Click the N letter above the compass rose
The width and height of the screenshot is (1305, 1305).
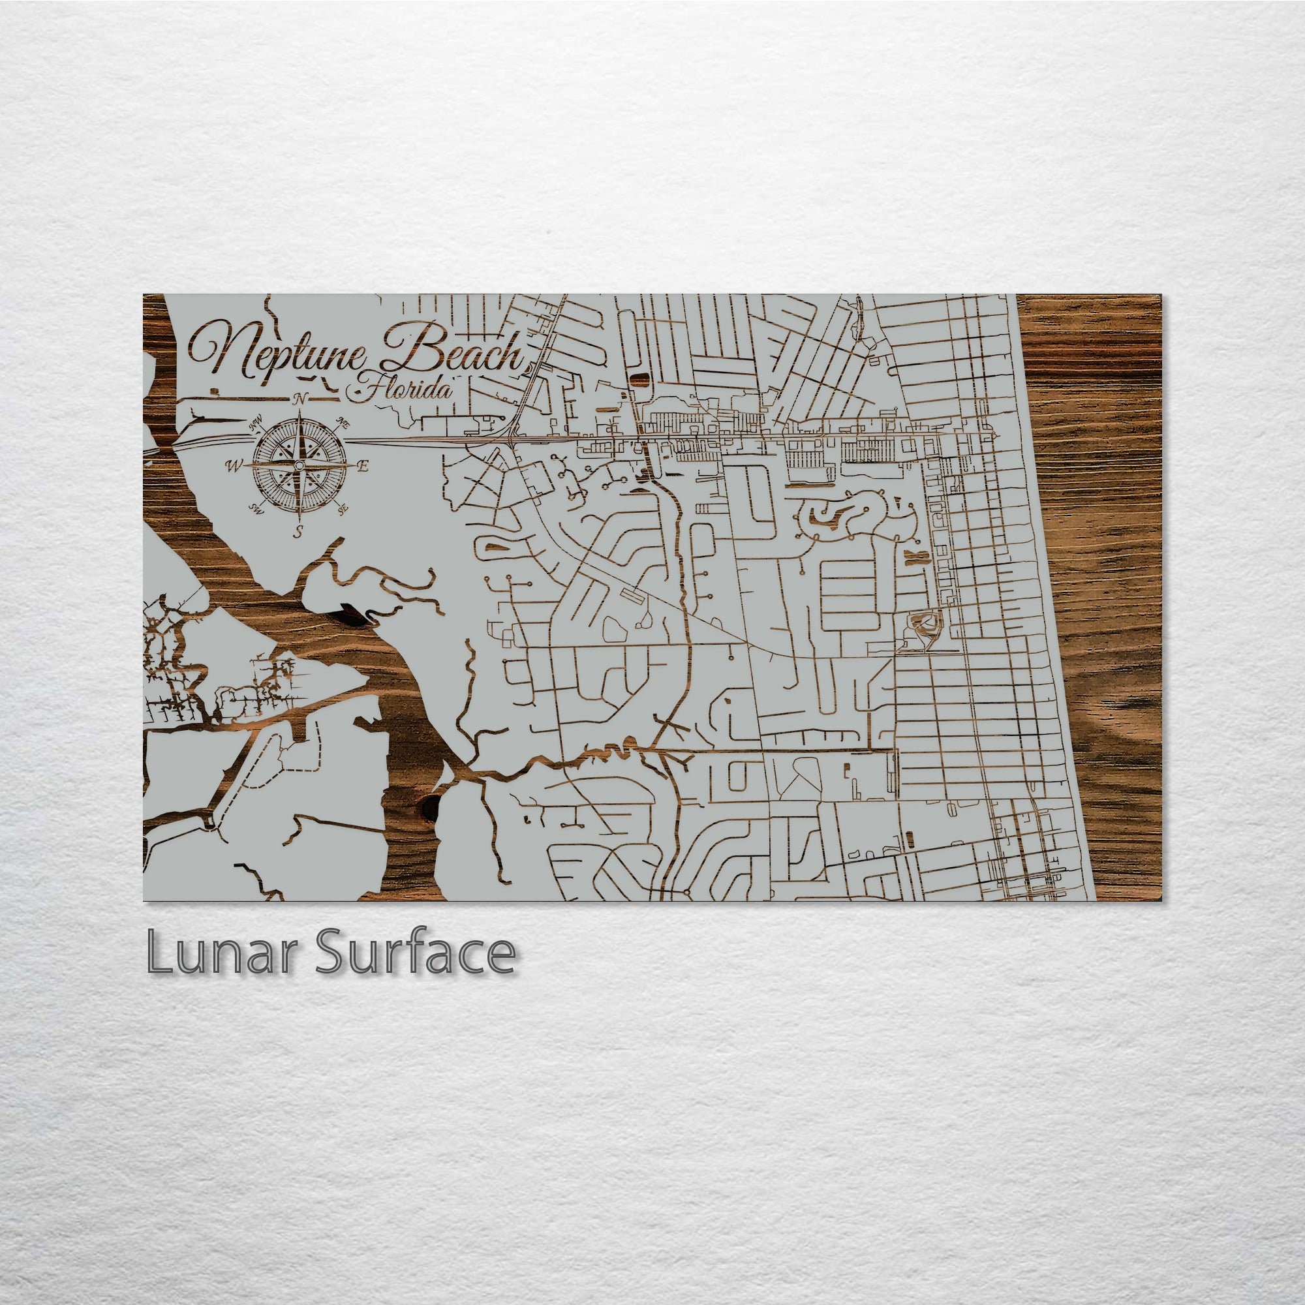point(300,399)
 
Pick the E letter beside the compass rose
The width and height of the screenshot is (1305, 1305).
point(363,466)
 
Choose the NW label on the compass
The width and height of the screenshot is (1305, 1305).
point(255,425)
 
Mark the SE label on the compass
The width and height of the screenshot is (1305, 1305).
point(343,507)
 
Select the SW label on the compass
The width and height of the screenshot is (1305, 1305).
point(256,507)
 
